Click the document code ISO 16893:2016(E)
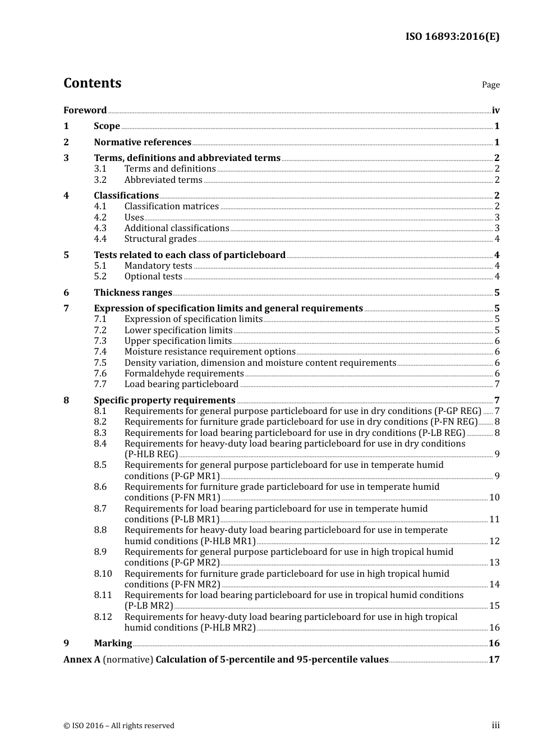tap(452, 36)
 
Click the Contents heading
tap(92, 83)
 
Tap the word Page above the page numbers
tap(490, 85)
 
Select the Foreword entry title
tap(85, 111)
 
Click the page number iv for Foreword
tap(495, 111)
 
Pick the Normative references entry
tap(143, 142)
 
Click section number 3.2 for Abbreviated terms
tap(100, 180)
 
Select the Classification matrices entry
tap(171, 206)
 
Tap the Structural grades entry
tap(160, 239)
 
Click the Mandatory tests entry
tap(158, 266)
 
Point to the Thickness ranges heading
tap(133, 293)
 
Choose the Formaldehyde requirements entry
tap(184, 374)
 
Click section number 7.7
tap(100, 384)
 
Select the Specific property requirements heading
tap(164, 401)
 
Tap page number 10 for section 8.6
tap(494, 498)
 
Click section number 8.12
tap(103, 617)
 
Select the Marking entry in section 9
tap(113, 643)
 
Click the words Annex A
tap(82, 660)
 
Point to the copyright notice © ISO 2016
tap(119, 726)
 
